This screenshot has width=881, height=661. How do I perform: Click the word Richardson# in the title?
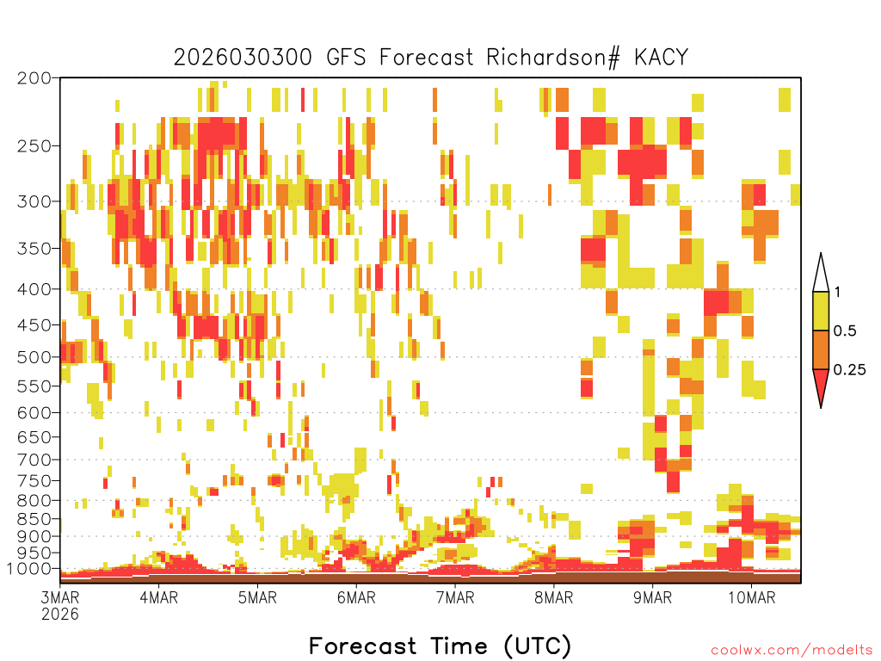pyautogui.click(x=553, y=58)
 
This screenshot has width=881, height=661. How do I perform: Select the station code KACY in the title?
pyautogui.click(x=661, y=58)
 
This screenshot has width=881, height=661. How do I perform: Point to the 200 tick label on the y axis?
pyautogui.click(x=34, y=78)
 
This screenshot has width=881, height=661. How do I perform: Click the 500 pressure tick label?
pyautogui.click(x=34, y=357)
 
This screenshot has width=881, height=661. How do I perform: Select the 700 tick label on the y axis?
pyautogui.click(x=34, y=460)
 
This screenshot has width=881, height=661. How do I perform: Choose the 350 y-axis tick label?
pyautogui.click(x=34, y=249)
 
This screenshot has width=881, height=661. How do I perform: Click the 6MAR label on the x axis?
pyautogui.click(x=356, y=597)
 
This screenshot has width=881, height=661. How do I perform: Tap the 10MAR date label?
pyautogui.click(x=752, y=597)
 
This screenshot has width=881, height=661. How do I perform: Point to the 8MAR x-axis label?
pyautogui.click(x=554, y=597)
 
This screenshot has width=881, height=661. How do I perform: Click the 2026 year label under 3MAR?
pyautogui.click(x=60, y=615)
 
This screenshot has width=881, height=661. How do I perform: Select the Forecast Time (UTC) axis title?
pyautogui.click(x=440, y=646)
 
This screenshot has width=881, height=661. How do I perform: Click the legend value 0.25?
pyautogui.click(x=849, y=370)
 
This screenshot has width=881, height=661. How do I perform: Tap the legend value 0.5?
pyautogui.click(x=845, y=331)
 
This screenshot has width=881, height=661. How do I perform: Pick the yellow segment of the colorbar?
pyautogui.click(x=821, y=311)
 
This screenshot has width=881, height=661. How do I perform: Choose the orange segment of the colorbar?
pyautogui.click(x=821, y=349)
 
